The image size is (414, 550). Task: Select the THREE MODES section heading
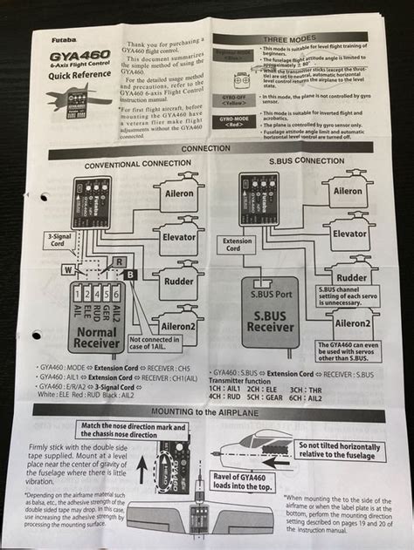[x=291, y=38]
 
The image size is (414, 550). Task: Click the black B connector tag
[x=129, y=275]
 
